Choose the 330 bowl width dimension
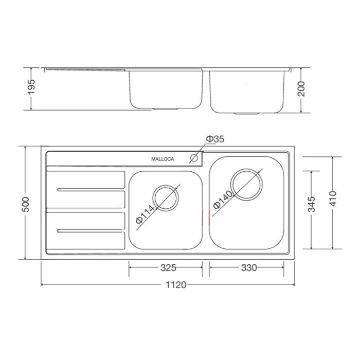tap(248, 267)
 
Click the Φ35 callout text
tap(215, 139)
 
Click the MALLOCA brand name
tap(163, 159)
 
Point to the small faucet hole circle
tap(195, 158)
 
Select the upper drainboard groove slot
tap(90, 190)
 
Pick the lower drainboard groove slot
tap(90, 230)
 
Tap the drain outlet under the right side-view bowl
tap(248, 112)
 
